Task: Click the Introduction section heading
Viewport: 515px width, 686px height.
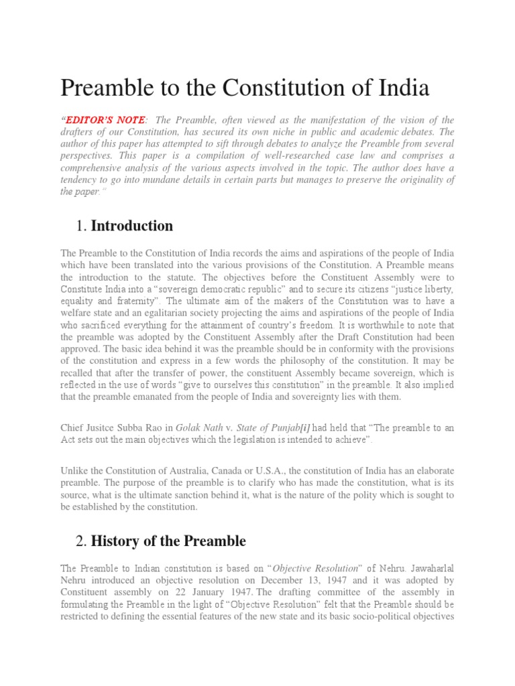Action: point(132,226)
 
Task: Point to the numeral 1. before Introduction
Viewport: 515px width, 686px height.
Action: point(83,226)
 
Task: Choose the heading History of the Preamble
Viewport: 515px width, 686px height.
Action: point(168,541)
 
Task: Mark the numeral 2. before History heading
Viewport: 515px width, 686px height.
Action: point(83,541)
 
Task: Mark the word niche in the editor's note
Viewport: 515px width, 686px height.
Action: point(288,132)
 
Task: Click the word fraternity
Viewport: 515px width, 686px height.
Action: point(135,301)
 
